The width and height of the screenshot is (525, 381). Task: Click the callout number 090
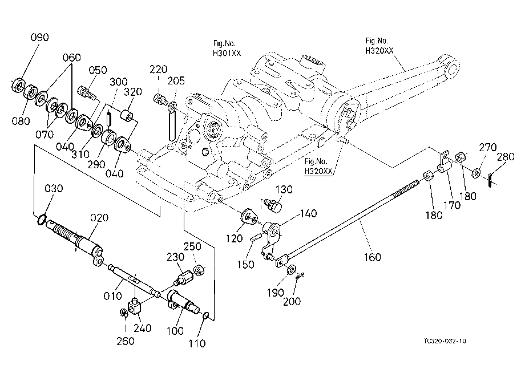click(40, 37)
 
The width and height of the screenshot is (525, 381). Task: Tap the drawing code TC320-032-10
click(445, 341)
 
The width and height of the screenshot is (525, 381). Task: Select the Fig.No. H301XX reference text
click(227, 48)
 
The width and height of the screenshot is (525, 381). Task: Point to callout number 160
click(372, 257)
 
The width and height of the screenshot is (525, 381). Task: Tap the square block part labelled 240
click(135, 307)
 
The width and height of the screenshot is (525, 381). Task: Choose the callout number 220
click(158, 69)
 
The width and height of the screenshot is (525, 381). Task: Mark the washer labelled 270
click(476, 173)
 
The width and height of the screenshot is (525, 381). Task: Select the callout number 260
click(125, 341)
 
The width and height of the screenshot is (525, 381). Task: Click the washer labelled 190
click(291, 269)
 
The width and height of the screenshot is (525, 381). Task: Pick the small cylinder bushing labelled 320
click(127, 115)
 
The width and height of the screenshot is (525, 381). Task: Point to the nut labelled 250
click(200, 270)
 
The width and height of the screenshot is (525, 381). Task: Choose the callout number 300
click(119, 82)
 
